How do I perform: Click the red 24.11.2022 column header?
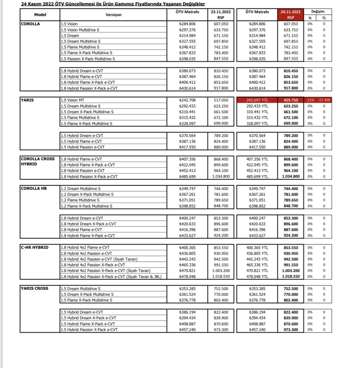point(290,12)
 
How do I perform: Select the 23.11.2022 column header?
point(221,12)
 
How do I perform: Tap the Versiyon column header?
point(113,15)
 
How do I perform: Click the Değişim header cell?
point(318,11)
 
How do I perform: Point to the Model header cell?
point(40,15)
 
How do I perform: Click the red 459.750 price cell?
point(291,100)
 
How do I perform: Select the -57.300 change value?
point(324,100)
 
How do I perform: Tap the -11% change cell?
point(310,100)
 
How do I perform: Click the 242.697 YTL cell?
point(257,100)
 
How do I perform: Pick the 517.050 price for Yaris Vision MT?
point(221,100)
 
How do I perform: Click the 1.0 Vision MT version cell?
point(72,100)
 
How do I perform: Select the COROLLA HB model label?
point(34,188)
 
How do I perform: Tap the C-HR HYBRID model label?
point(35,247)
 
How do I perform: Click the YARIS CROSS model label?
point(35,288)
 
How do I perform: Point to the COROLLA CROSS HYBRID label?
point(37,161)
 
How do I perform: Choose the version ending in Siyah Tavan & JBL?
point(111,277)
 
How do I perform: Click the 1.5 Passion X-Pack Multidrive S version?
point(88,59)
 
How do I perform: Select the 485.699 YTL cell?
point(257,177)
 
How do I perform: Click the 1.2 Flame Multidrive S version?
point(80,200)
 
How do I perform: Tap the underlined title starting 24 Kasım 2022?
point(113,4)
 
